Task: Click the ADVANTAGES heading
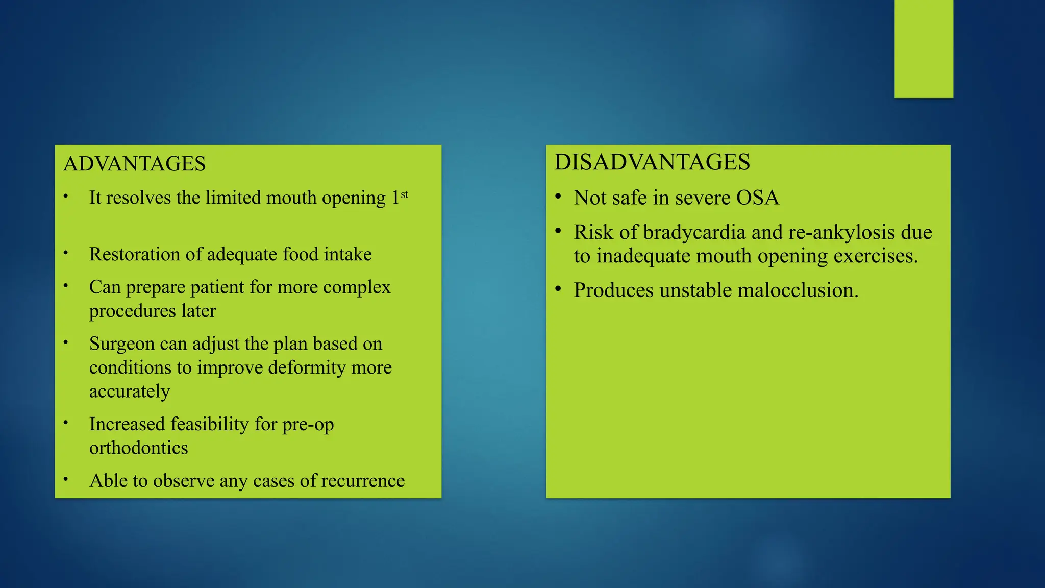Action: (x=134, y=164)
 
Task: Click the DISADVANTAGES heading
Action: (x=652, y=162)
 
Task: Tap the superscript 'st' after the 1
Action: (x=404, y=194)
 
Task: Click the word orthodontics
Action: (x=138, y=448)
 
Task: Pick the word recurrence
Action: (x=363, y=481)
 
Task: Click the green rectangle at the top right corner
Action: (x=924, y=48)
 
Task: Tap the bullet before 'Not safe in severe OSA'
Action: (x=558, y=197)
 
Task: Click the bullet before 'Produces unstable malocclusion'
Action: (x=558, y=289)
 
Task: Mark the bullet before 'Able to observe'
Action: (x=66, y=479)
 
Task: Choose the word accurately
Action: (x=130, y=392)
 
